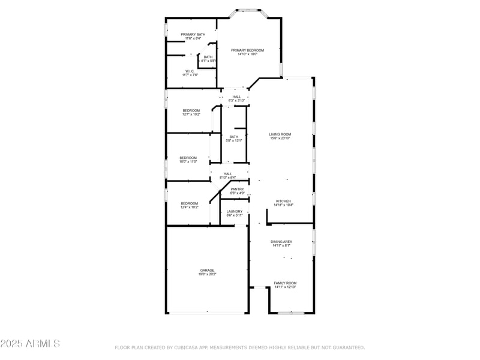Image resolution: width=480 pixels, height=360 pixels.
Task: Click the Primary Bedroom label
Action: pyautogui.click(x=247, y=50)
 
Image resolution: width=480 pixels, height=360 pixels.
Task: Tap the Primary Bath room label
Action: pyautogui.click(x=193, y=34)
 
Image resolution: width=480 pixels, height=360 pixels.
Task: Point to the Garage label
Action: pyautogui.click(x=207, y=270)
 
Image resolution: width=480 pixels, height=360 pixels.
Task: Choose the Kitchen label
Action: pyautogui.click(x=283, y=201)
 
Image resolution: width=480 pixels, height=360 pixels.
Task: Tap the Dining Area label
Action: pyautogui.click(x=281, y=241)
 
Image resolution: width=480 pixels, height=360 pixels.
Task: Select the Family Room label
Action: pyautogui.click(x=285, y=283)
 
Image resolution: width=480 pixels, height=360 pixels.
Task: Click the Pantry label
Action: pyautogui.click(x=237, y=189)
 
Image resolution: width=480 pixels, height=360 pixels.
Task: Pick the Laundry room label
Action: pyautogui.click(x=235, y=211)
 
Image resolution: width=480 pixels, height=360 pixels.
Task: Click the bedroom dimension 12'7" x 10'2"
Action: pyautogui.click(x=191, y=114)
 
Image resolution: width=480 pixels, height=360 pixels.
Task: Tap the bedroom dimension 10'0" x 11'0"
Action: pyautogui.click(x=188, y=161)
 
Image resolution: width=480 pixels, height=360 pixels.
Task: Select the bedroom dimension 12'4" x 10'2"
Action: pyautogui.click(x=190, y=207)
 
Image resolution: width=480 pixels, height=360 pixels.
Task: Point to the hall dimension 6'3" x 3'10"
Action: pyautogui.click(x=236, y=100)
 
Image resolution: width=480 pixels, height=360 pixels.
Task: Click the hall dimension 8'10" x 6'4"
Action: pyautogui.click(x=228, y=178)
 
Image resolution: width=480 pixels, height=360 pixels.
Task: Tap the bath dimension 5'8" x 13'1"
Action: pyautogui.click(x=234, y=140)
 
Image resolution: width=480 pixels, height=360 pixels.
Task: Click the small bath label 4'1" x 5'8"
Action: pyautogui.click(x=208, y=61)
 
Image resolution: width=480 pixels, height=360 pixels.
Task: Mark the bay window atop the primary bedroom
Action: pyautogui.click(x=247, y=10)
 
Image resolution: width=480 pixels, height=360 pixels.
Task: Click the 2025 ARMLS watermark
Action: pyautogui.click(x=30, y=344)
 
